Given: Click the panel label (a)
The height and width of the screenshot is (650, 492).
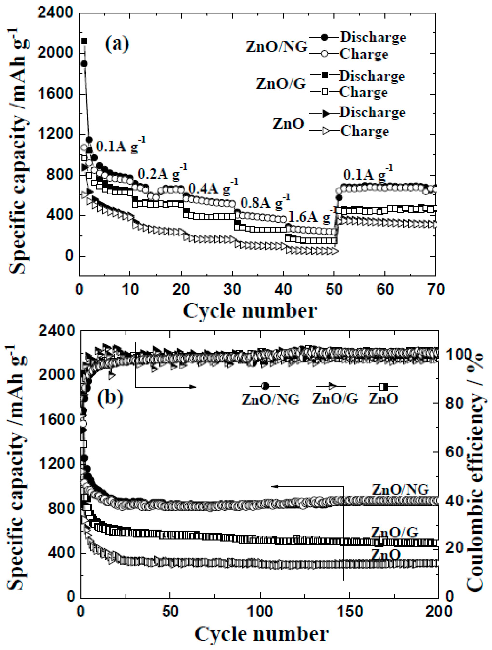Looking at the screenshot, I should [x=117, y=44].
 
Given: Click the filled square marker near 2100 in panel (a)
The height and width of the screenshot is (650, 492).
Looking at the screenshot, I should [x=84, y=41].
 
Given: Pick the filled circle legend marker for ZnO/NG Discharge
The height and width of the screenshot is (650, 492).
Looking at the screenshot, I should [x=324, y=38].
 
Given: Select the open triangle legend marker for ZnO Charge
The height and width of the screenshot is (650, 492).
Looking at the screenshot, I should [x=325, y=131].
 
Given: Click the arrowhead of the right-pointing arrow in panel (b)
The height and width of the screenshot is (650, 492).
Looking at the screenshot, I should [x=193, y=387].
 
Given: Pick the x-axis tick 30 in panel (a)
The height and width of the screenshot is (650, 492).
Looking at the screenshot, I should [x=232, y=290].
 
